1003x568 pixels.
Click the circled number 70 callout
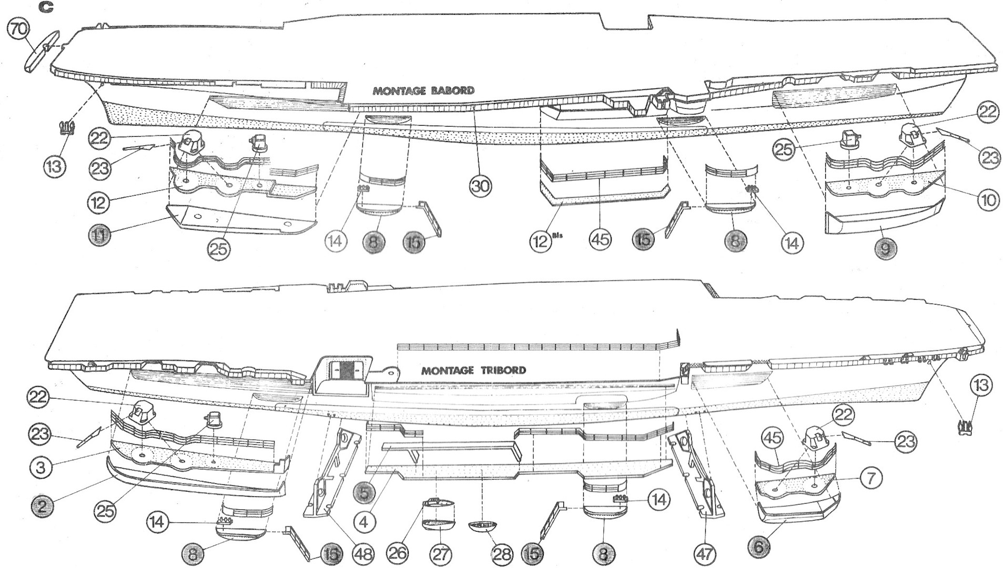[18, 30]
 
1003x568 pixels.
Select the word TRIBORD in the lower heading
[503, 370]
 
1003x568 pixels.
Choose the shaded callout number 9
[886, 248]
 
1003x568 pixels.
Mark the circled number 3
[42, 466]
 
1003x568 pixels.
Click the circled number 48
[363, 553]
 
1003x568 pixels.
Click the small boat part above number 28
[482, 526]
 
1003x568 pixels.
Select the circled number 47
[705, 553]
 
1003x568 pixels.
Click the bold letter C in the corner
[45, 7]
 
